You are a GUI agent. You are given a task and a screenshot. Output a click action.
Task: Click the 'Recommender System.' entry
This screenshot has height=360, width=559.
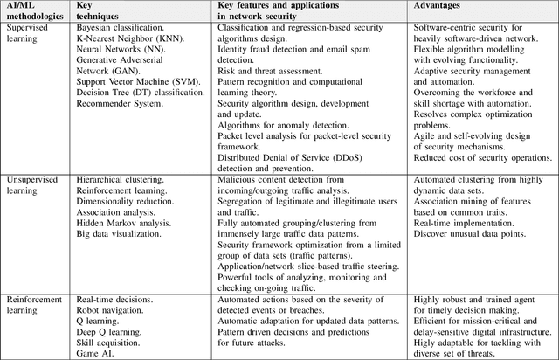click(x=119, y=104)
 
